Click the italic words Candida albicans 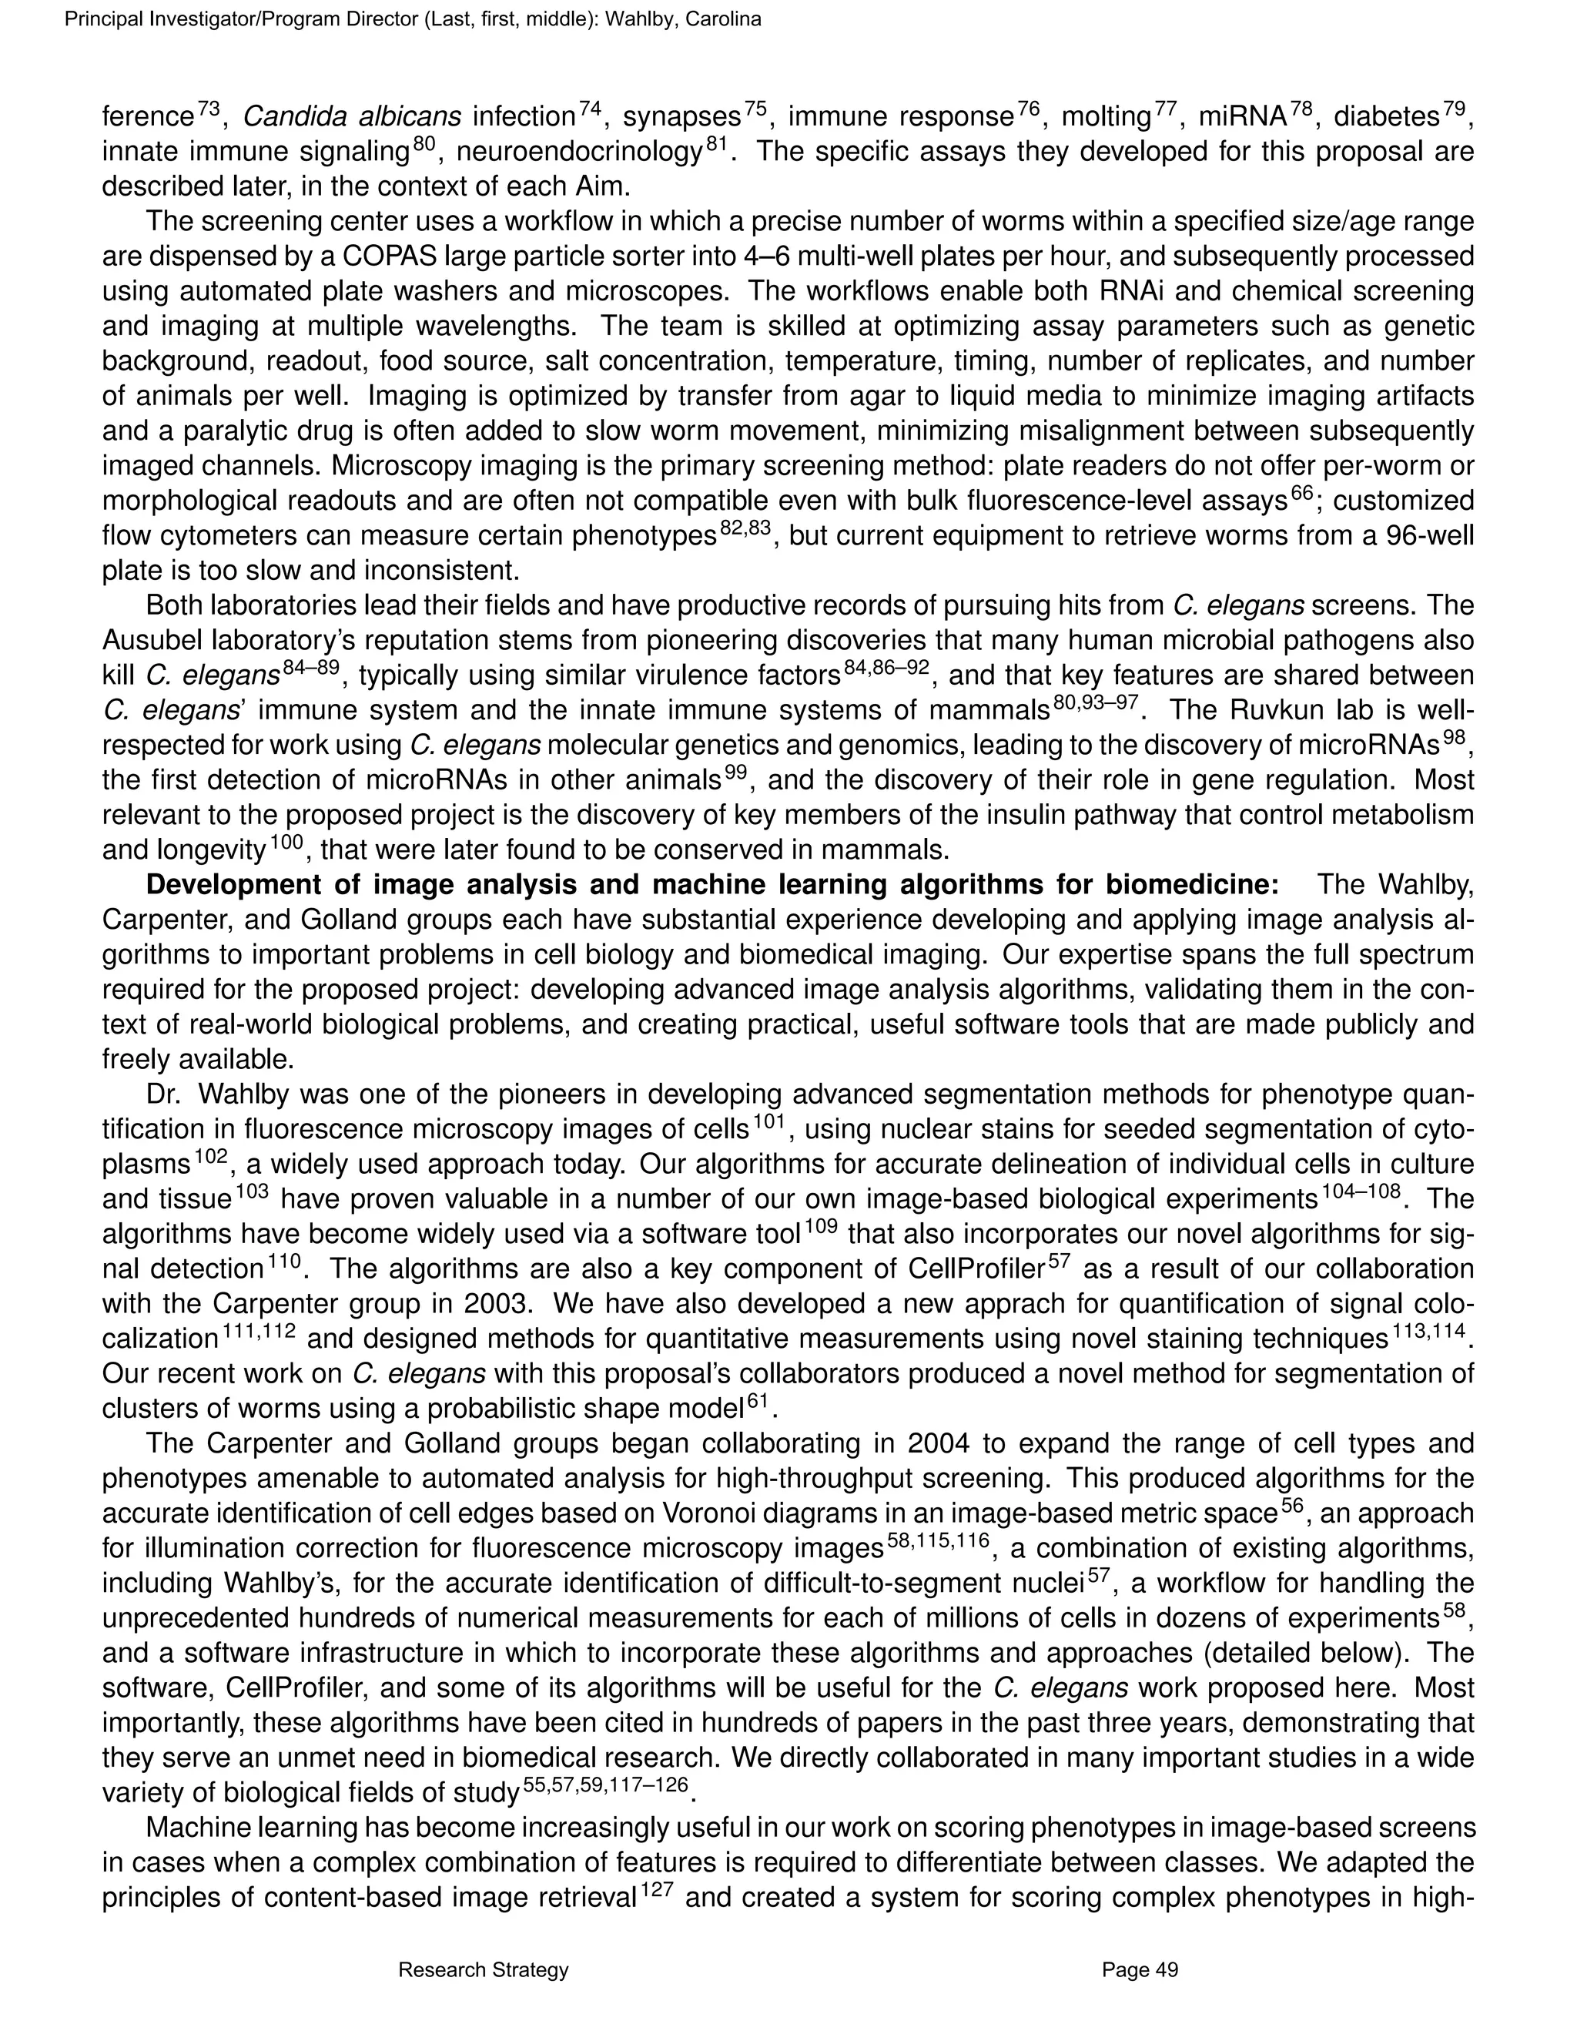351,117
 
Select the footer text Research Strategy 483,1971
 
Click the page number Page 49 1140,1971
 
